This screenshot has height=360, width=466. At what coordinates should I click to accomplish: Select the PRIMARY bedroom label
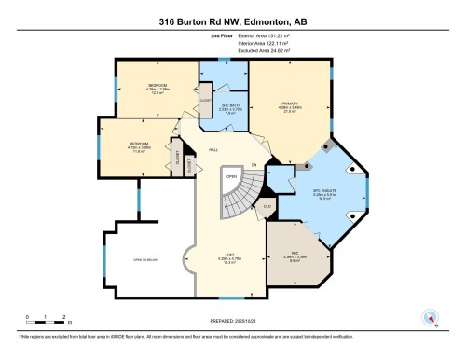pyautogui.click(x=280, y=106)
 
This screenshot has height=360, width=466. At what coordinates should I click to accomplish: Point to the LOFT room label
pyautogui.click(x=225, y=259)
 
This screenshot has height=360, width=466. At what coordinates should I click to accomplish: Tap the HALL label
pyautogui.click(x=213, y=148)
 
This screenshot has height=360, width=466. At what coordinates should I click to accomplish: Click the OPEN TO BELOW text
pyautogui.click(x=144, y=262)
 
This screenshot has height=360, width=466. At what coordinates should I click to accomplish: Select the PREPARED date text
pyautogui.click(x=233, y=324)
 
